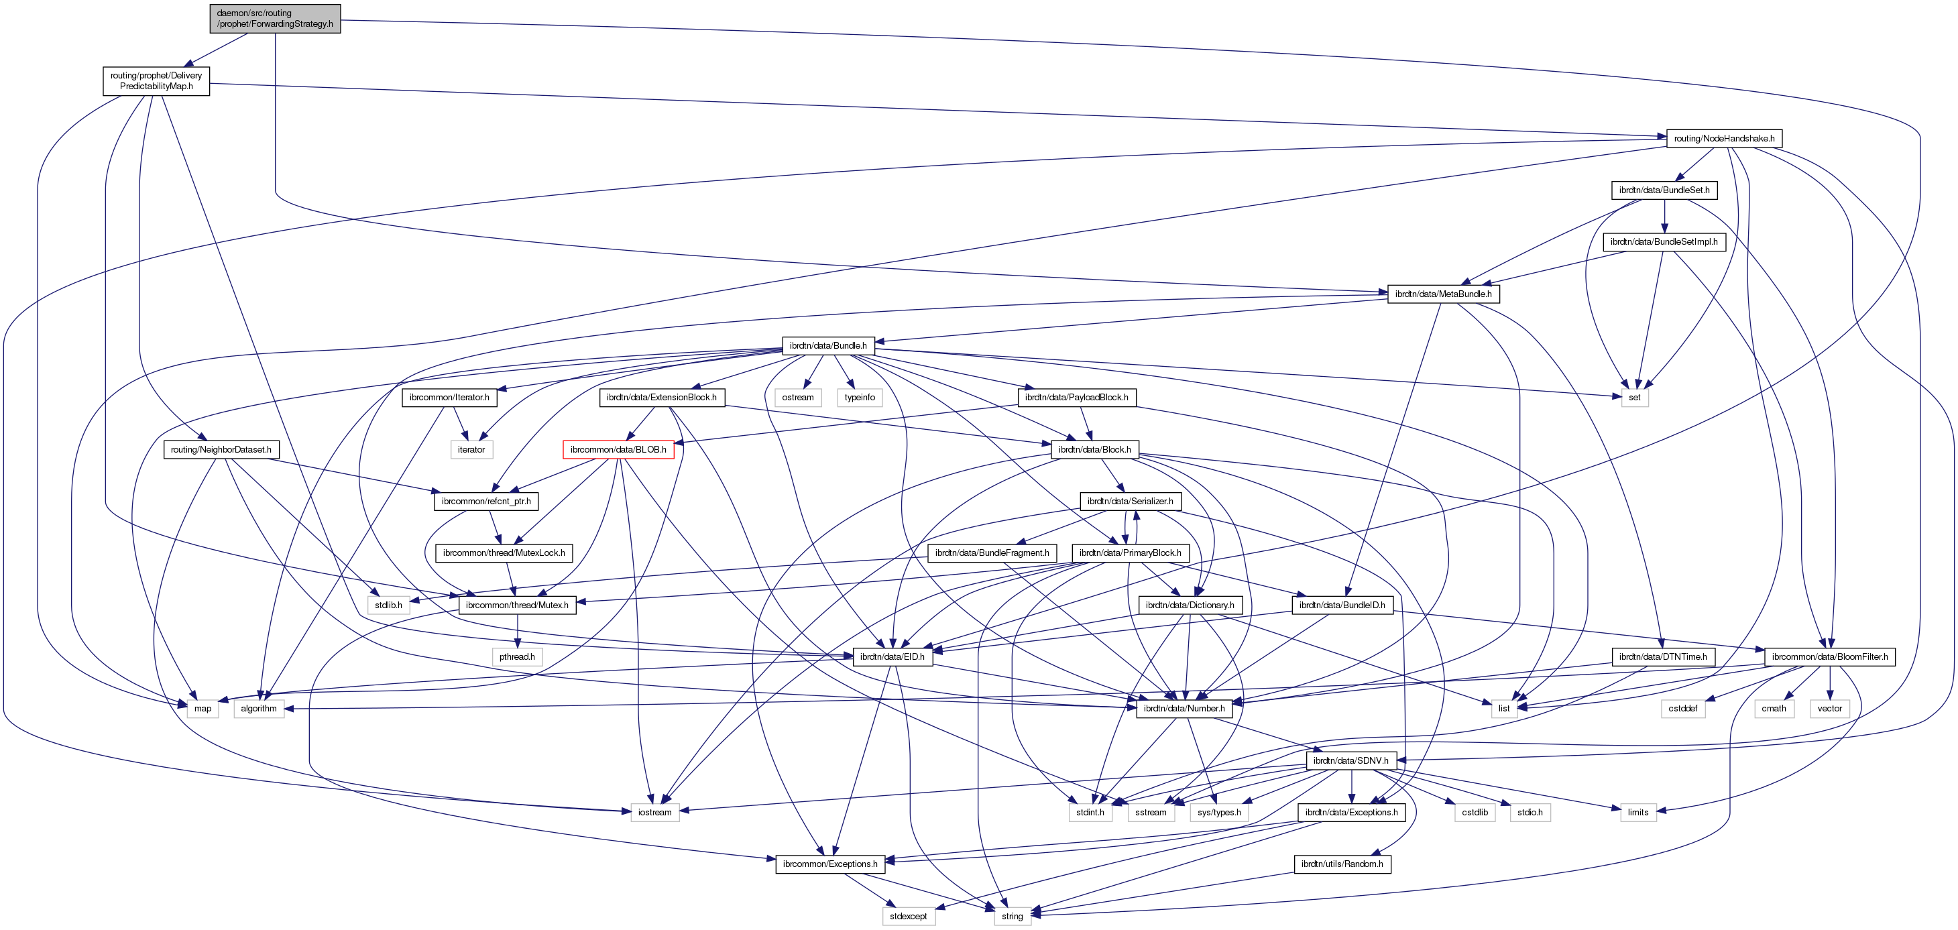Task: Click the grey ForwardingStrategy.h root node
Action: pos(274,18)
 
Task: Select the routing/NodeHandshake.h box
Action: pos(1723,138)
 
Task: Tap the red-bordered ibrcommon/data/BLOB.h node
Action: pos(618,450)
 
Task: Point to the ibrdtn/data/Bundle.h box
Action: pos(827,346)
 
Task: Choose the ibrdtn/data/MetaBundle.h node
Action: pos(1442,294)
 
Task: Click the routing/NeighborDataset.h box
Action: pos(221,450)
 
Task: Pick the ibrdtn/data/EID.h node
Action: pos(892,656)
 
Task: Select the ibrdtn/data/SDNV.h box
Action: pos(1350,760)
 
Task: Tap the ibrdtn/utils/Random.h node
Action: pos(1342,864)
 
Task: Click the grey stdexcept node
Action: pos(909,917)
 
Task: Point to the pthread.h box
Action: pos(517,656)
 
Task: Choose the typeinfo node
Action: pos(859,398)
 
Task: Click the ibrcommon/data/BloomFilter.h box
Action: pos(1829,656)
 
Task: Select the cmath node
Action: pos(1774,708)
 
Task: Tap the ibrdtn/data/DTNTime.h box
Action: pos(1662,656)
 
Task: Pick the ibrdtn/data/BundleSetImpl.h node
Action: pos(1663,241)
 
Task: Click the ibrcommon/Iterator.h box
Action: pos(449,398)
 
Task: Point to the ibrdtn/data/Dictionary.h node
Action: pos(1190,605)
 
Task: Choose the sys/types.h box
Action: pos(1218,812)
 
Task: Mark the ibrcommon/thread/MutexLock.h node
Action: pos(503,553)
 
